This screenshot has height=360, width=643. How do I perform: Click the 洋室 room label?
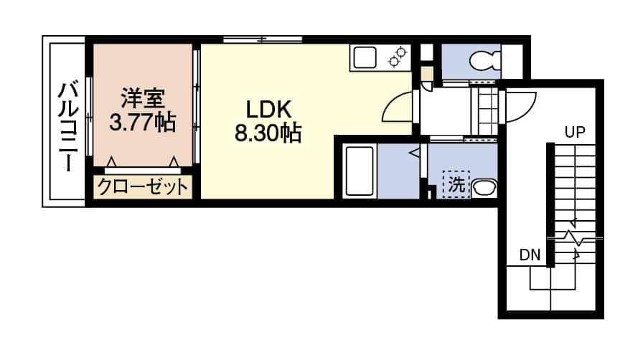(x=143, y=98)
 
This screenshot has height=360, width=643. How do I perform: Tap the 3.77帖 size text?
(x=143, y=122)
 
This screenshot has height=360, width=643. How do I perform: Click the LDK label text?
(x=268, y=110)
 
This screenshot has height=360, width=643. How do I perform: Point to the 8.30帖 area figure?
(x=268, y=133)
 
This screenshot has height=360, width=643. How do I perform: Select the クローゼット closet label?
(x=143, y=187)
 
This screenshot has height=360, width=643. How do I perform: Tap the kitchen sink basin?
(x=365, y=57)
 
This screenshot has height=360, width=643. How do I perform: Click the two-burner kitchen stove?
(x=398, y=57)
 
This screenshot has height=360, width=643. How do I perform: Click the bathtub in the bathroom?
(x=360, y=171)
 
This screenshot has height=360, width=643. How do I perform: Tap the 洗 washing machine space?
(x=456, y=184)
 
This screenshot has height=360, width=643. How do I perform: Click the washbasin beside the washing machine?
(x=484, y=188)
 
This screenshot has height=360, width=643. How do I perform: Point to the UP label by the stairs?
(x=575, y=132)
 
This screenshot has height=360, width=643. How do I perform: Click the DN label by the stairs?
(x=530, y=255)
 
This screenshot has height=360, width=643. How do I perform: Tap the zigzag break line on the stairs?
(x=575, y=238)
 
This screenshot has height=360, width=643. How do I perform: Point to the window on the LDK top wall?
(x=263, y=39)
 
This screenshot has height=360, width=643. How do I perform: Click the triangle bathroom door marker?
(x=414, y=153)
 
